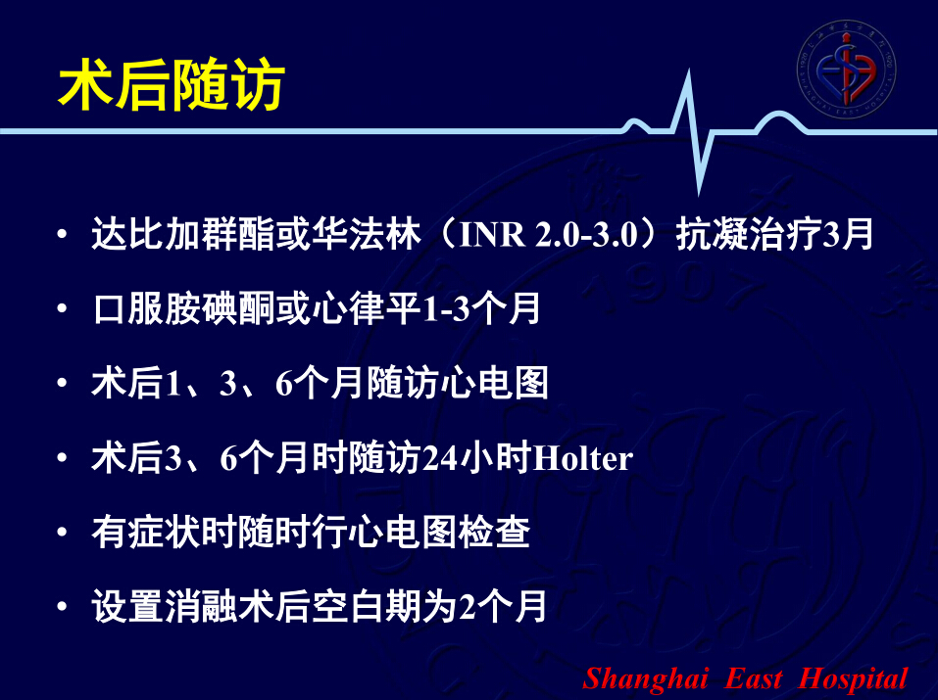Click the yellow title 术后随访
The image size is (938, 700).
(x=172, y=85)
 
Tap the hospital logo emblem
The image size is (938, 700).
(x=846, y=68)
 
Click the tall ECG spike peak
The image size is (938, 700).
(x=688, y=71)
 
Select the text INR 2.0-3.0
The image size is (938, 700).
(x=550, y=234)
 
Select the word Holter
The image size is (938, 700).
(x=582, y=458)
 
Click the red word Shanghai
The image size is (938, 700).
(x=646, y=679)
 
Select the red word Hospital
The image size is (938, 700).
(x=853, y=679)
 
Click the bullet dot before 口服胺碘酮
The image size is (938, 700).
(x=62, y=308)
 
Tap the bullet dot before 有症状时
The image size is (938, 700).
(x=62, y=532)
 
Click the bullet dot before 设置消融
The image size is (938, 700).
(x=62, y=606)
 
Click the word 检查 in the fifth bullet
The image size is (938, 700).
(x=494, y=532)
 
